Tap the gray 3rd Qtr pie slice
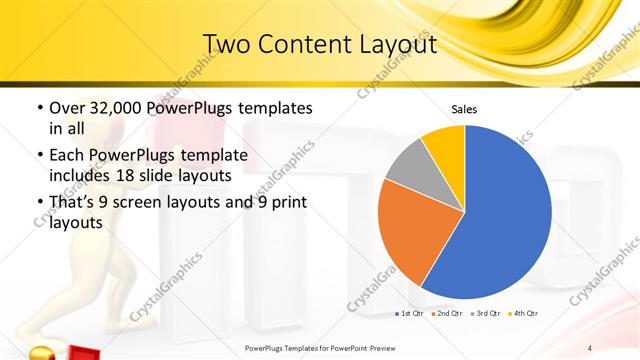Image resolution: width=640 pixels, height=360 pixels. point(408,166)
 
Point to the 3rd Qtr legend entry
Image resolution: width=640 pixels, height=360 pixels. point(483,314)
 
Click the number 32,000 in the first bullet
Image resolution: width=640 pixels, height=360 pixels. point(117,108)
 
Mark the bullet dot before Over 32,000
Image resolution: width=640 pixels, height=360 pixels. point(39,108)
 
